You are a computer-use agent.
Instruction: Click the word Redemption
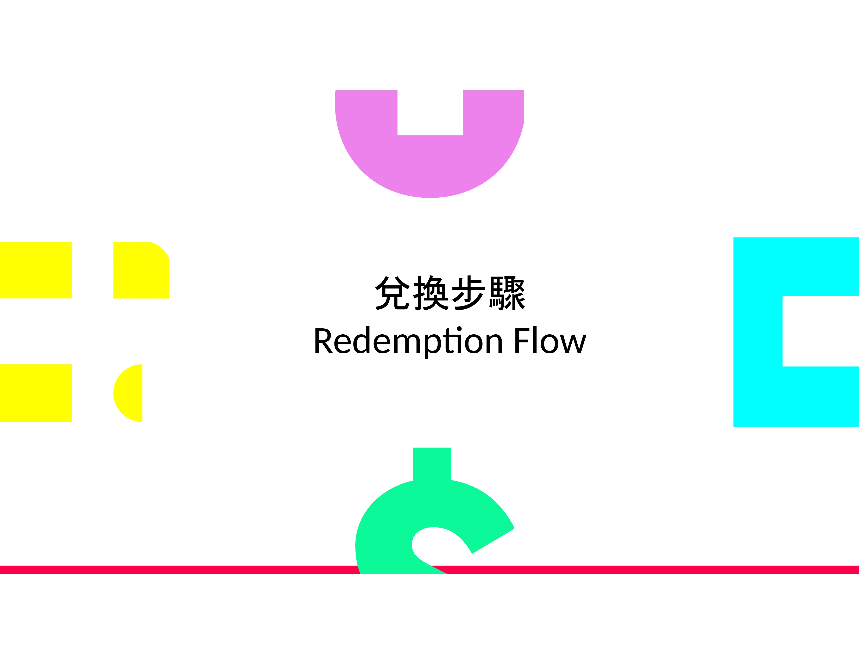click(408, 341)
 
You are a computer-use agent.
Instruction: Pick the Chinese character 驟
click(507, 293)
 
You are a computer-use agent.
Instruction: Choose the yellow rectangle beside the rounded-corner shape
click(35, 270)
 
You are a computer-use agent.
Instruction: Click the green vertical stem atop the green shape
click(432, 464)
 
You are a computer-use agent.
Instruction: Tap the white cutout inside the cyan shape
click(820, 331)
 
